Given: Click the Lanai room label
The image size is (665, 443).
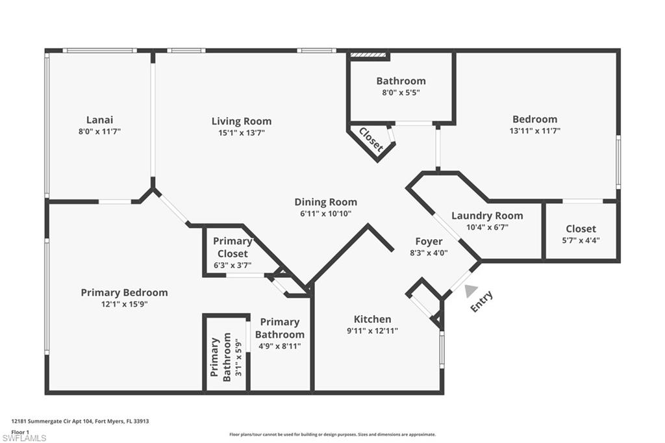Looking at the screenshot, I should coord(99,120).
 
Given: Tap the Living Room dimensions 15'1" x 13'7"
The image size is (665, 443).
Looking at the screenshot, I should coord(241,133).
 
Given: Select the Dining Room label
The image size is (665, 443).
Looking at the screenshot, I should coord(325,202).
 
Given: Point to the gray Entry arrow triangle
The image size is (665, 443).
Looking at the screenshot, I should coord(471,292).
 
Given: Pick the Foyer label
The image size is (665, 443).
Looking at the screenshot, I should coord(429,241).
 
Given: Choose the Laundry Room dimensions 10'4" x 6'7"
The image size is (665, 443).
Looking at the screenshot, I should coord(486,227).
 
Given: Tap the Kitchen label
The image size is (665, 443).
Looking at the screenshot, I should coord(372,319).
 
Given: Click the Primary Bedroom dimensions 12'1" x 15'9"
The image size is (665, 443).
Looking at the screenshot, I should coord(124,304).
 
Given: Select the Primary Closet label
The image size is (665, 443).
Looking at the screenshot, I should coord(232,247).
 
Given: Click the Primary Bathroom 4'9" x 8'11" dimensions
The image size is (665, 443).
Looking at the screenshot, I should coord(279,346).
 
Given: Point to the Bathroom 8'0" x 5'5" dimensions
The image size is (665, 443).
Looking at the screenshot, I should coord(401,92).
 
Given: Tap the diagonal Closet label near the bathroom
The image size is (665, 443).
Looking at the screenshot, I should coord(371,139).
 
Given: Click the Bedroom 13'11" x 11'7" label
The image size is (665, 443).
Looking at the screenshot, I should coord(534,120).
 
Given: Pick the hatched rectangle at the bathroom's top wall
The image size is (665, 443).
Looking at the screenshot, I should coord(368,56).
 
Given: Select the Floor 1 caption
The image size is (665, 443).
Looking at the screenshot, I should coord(20,431).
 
